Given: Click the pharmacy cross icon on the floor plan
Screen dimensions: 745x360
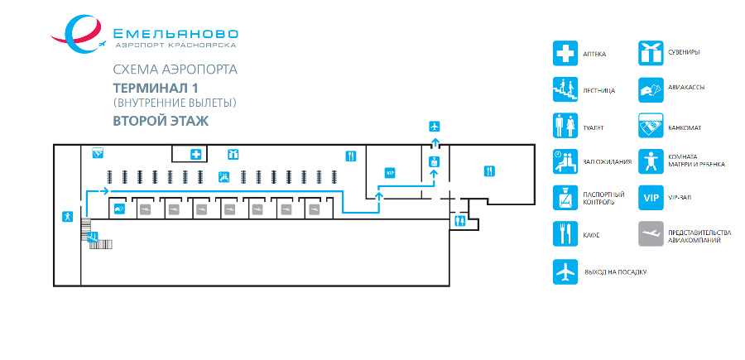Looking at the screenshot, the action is (195, 155).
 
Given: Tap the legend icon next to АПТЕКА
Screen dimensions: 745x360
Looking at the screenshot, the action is (565, 53).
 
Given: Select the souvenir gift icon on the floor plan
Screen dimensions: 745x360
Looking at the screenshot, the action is (233, 154).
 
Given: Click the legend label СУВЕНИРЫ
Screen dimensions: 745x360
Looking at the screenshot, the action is (683, 51).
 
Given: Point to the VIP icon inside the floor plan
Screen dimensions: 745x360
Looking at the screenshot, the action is (391, 173).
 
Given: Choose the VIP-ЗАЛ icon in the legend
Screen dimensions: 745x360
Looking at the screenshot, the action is (651, 198).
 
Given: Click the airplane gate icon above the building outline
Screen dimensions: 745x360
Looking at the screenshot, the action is (435, 127).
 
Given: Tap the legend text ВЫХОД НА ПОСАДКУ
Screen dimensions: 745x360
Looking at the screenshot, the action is (615, 272).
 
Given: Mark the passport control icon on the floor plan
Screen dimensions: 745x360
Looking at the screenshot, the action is (433, 161).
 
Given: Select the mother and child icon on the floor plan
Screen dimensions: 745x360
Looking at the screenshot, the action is (68, 217).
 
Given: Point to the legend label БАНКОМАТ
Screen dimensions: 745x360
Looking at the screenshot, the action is (685, 128).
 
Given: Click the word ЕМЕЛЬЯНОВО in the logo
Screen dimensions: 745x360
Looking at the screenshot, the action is (175, 34).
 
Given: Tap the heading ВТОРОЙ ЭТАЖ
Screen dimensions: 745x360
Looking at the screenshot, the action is (161, 121).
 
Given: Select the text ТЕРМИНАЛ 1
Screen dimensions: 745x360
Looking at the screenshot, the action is (155, 89).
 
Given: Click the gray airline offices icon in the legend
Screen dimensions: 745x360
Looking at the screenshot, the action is (651, 233).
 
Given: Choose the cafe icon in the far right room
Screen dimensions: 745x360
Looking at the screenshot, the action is (489, 171).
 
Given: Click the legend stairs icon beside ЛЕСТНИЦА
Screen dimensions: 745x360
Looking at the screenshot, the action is (565, 89).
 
